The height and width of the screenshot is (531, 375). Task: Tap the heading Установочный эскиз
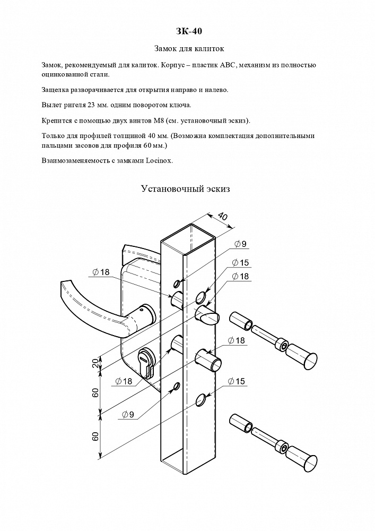coord(185,188)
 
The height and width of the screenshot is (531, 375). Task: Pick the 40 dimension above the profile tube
coord(222,216)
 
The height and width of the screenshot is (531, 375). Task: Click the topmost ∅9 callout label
coord(240,244)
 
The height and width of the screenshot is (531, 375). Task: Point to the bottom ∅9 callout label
coord(128,415)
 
